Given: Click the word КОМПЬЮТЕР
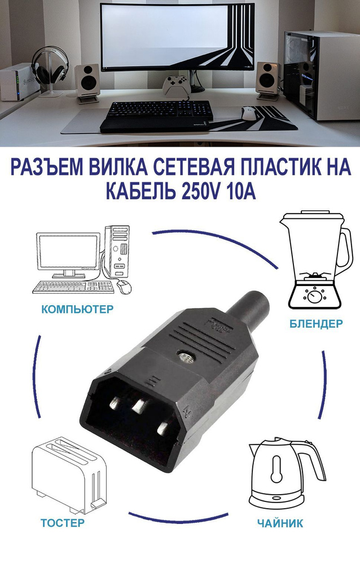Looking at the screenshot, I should (77, 309).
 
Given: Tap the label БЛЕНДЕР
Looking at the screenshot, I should (315, 324).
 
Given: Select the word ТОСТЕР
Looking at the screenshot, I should (62, 522).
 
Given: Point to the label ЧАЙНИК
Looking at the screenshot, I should (280, 523).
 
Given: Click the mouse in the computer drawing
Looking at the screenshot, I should (125, 287).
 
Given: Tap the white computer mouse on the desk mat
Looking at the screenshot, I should (247, 112).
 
